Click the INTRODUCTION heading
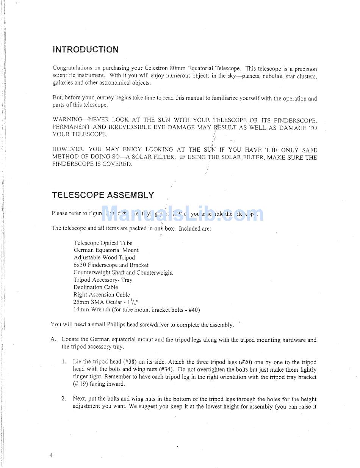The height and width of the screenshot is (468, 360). [x=85, y=50]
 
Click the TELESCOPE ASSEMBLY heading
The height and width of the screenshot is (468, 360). [x=103, y=195]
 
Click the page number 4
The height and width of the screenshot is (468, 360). [x=51, y=455]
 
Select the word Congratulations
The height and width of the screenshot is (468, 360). [x=72, y=68]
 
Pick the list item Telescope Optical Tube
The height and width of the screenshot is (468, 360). [x=103, y=243]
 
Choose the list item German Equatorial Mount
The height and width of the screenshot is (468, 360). [x=106, y=250]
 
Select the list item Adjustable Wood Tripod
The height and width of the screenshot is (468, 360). [x=104, y=258]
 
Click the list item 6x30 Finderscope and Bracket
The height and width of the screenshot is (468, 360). [x=111, y=265]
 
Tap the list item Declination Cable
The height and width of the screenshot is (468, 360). [x=96, y=287]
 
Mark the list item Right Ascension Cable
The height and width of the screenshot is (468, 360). [x=102, y=295]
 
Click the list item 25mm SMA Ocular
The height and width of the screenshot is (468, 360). [x=98, y=302]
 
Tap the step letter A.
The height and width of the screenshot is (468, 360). [x=53, y=340]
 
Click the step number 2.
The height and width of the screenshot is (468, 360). [x=64, y=399]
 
